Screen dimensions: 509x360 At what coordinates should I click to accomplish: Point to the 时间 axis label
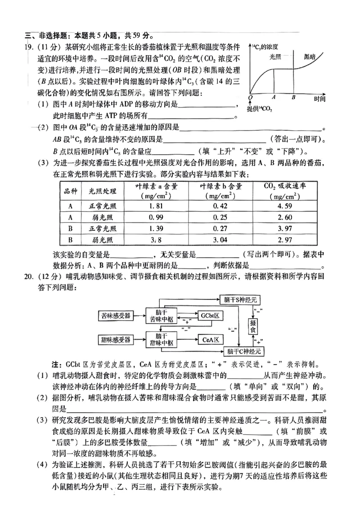pos(320,99)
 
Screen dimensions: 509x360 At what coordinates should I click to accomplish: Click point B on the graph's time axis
pos(293,97)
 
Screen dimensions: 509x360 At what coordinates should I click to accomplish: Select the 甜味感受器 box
pos(115,339)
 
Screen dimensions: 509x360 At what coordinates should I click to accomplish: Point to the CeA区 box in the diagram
pos(210,339)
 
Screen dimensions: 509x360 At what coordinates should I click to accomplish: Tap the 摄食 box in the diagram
pos(254,326)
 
